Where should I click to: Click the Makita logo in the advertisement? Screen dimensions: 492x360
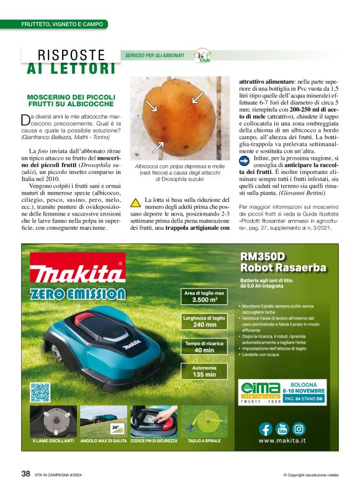click(78, 271)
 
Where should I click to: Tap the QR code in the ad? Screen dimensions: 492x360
click(40, 392)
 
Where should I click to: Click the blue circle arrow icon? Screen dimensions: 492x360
click(245, 160)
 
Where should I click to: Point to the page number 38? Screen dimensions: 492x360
click(25, 473)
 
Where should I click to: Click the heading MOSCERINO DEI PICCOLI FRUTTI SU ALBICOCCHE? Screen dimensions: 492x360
click(71, 101)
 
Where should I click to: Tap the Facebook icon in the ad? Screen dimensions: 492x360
click(265, 429)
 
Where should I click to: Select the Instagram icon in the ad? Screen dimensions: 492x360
click(299, 429)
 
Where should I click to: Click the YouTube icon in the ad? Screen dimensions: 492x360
click(282, 429)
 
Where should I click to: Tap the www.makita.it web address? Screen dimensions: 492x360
click(283, 442)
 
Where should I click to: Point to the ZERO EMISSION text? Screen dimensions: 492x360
click(78, 294)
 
